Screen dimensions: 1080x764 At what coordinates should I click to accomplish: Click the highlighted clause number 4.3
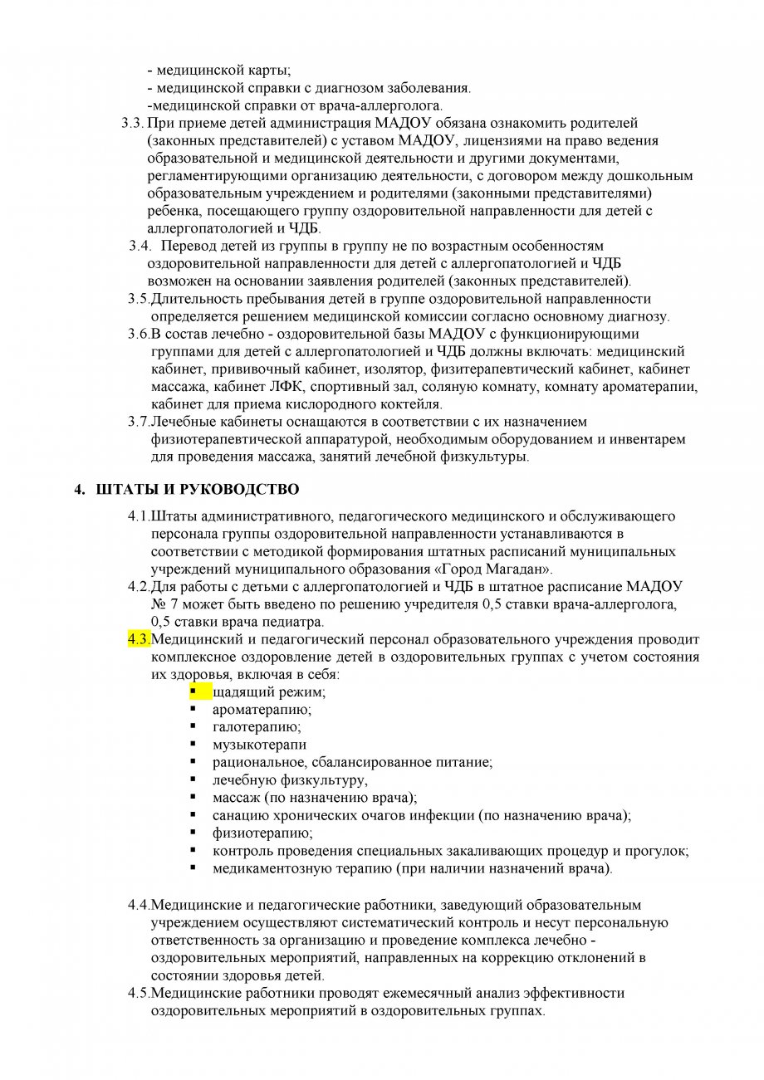click(x=137, y=639)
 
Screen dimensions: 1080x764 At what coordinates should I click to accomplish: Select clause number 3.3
click(x=132, y=123)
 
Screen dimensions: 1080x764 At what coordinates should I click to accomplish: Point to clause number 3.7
click(x=138, y=422)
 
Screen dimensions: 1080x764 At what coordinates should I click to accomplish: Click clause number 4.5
click(x=138, y=993)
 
